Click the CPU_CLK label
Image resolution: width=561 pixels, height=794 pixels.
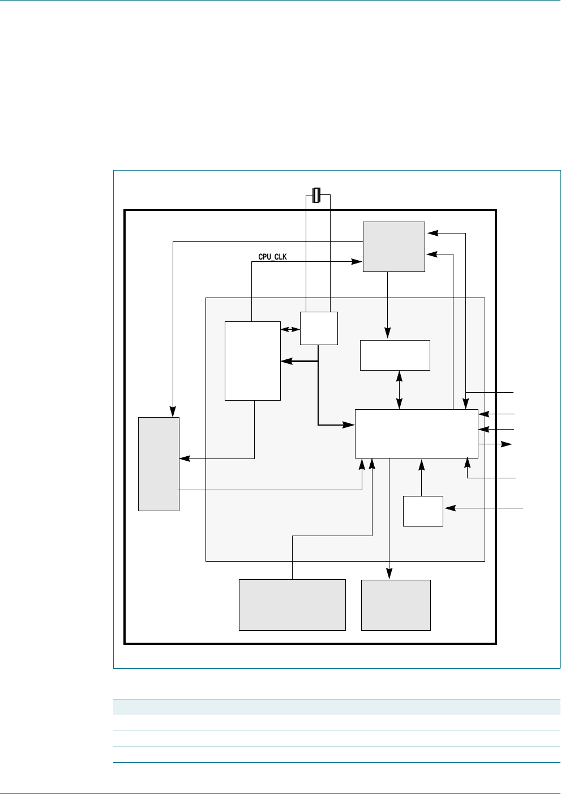pyautogui.click(x=272, y=257)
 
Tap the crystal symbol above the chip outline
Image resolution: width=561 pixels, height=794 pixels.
pyautogui.click(x=316, y=195)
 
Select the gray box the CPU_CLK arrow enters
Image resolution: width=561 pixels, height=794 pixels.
pyautogui.click(x=393, y=247)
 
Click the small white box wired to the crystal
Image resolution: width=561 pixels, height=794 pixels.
pyautogui.click(x=319, y=328)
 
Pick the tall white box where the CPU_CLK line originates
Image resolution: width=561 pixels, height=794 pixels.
pyautogui.click(x=252, y=360)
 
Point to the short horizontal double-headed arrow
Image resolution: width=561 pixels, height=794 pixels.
pyautogui.click(x=290, y=329)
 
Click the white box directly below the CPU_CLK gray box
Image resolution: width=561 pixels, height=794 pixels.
pyautogui.click(x=395, y=355)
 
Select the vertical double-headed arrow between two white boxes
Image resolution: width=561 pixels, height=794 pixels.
pyautogui.click(x=400, y=390)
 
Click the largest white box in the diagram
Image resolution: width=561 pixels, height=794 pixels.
pyautogui.click(x=416, y=434)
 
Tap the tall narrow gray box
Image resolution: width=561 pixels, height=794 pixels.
pyautogui.click(x=159, y=464)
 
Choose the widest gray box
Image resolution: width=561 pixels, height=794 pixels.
pyautogui.click(x=292, y=605)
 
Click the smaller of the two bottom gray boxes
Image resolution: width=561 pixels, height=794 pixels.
pyautogui.click(x=396, y=605)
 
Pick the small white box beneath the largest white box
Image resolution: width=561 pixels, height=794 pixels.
pyautogui.click(x=423, y=511)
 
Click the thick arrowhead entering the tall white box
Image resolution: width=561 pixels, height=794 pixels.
pyautogui.click(x=285, y=361)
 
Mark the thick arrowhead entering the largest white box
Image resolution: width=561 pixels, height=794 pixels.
pyautogui.click(x=350, y=424)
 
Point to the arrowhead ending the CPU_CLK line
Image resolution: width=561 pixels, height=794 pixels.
pyautogui.click(x=358, y=261)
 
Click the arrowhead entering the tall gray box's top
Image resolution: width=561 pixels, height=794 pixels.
pyautogui.click(x=173, y=412)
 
